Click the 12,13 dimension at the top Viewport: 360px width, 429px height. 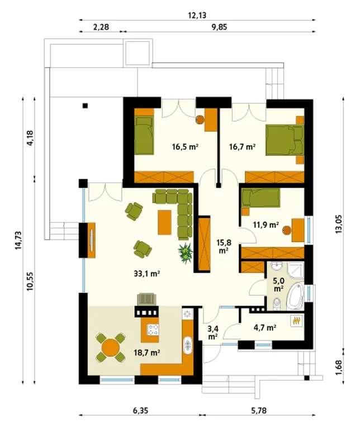tap(197, 15)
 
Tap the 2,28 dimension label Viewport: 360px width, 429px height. tap(101, 27)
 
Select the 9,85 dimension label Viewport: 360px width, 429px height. tap(219, 27)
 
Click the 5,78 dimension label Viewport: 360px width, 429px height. tap(258, 411)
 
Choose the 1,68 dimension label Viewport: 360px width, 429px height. tap(338, 368)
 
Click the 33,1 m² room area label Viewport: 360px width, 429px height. tap(146, 273)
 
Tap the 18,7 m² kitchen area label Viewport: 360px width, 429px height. tap(146, 352)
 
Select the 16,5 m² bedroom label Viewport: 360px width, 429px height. tap(185, 147)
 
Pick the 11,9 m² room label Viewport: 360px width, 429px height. tap(266, 225)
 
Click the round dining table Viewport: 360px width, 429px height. tap(111, 347)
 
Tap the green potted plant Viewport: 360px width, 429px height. tap(186, 253)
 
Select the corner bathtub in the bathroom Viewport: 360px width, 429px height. tap(296, 297)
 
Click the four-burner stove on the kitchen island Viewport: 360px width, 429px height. tap(153, 330)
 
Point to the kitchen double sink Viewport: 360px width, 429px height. tap(188, 345)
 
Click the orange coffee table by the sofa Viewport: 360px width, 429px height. tap(164, 222)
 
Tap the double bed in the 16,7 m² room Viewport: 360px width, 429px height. tap(285, 140)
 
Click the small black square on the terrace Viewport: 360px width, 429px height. tap(86, 106)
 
